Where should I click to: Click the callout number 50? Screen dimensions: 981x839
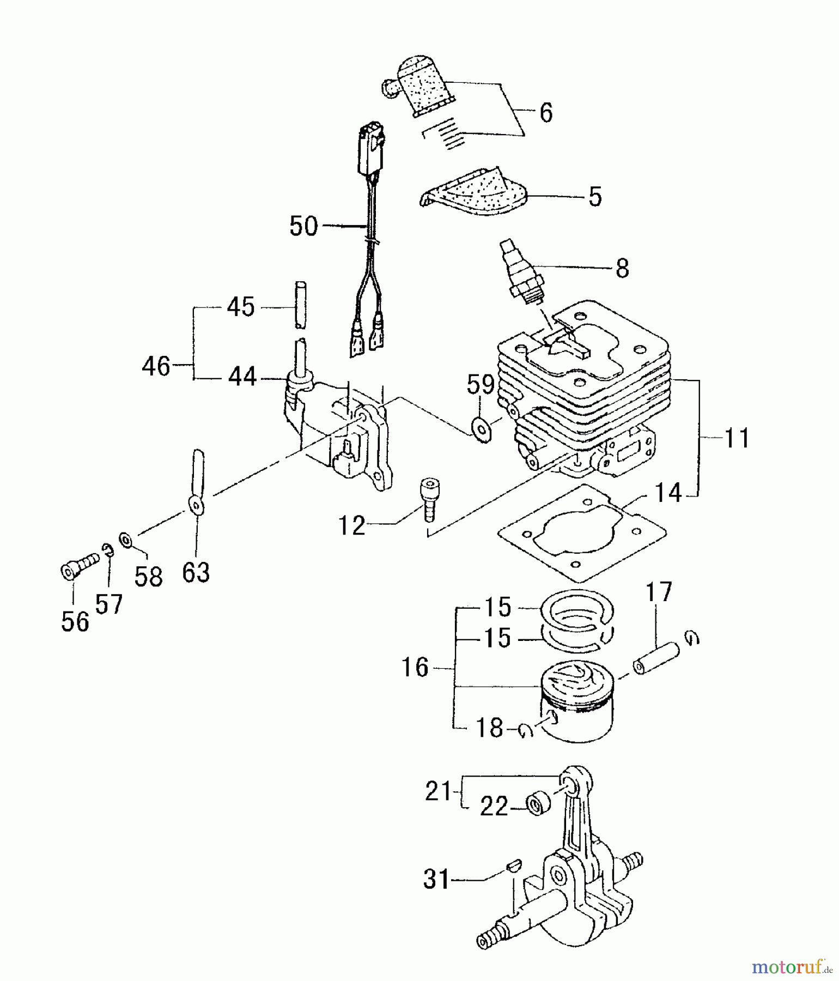click(x=303, y=226)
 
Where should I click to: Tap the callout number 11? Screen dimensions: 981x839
click(x=737, y=438)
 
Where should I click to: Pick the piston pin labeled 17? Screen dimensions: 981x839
click(x=655, y=658)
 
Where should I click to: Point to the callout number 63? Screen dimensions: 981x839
click(x=196, y=572)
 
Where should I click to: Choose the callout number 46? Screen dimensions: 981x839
click(x=156, y=366)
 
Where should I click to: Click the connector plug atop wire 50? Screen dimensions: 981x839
click(x=370, y=148)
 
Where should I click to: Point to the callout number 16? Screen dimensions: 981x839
click(x=415, y=667)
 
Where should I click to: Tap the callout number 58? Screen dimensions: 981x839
click(x=148, y=577)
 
